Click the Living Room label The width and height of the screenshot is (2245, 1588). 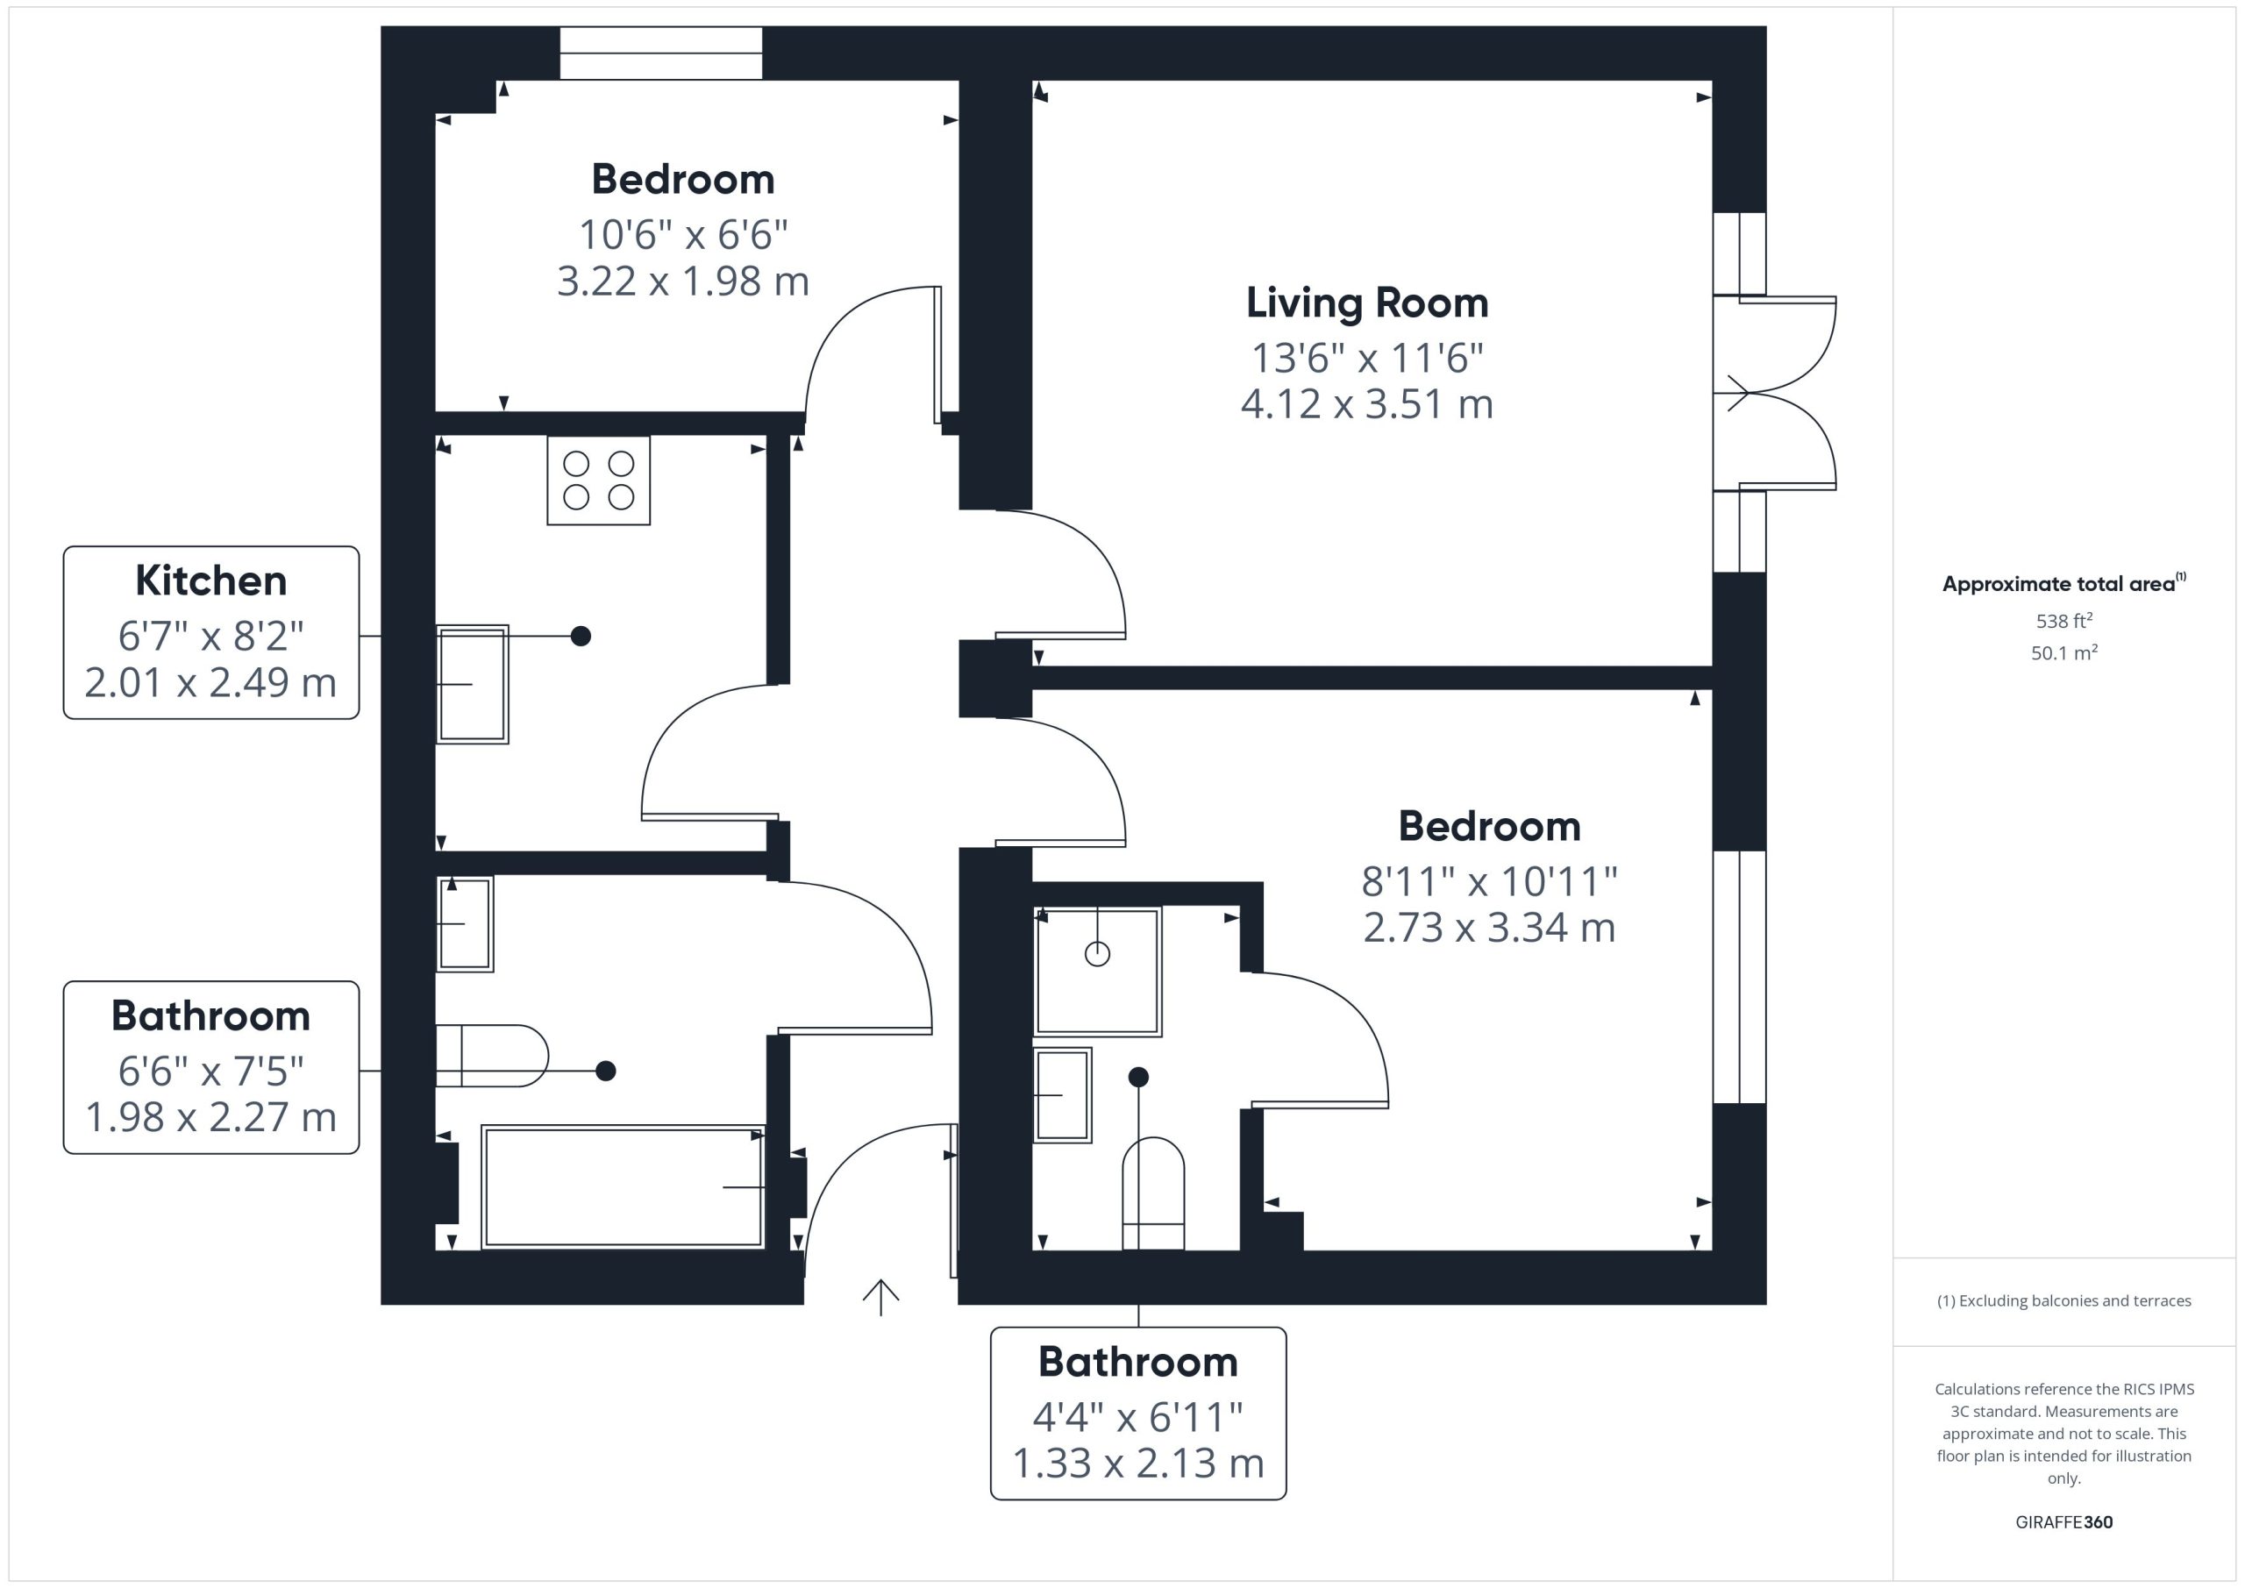pyautogui.click(x=1367, y=303)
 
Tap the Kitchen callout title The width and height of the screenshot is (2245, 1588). pyautogui.click(x=211, y=580)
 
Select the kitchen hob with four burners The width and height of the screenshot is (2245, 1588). pyautogui.click(x=598, y=481)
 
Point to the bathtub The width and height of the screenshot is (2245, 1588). pyautogui.click(x=623, y=1187)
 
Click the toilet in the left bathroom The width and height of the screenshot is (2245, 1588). pyautogui.click(x=492, y=1056)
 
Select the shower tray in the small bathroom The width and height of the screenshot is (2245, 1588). pyautogui.click(x=1098, y=971)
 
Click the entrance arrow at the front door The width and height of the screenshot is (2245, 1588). pyautogui.click(x=881, y=1298)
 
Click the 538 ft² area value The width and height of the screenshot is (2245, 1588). pyautogui.click(x=2064, y=621)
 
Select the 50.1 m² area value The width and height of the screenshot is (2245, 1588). pyautogui.click(x=2064, y=652)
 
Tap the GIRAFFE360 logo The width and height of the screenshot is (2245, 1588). pyautogui.click(x=2064, y=1522)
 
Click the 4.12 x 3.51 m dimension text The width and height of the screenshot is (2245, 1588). pyautogui.click(x=1367, y=404)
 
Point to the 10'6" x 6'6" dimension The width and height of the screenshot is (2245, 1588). pyautogui.click(x=683, y=235)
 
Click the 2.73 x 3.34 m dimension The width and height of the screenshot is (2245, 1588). pyautogui.click(x=1489, y=927)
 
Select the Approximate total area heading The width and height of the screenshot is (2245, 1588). pyautogui.click(x=2064, y=584)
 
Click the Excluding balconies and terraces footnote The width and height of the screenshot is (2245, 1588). pyautogui.click(x=2064, y=1300)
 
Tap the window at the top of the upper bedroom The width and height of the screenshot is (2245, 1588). pyautogui.click(x=661, y=53)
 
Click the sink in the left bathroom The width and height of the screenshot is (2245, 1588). pyautogui.click(x=465, y=924)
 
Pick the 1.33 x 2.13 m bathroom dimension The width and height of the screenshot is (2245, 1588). pyautogui.click(x=1138, y=1463)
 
